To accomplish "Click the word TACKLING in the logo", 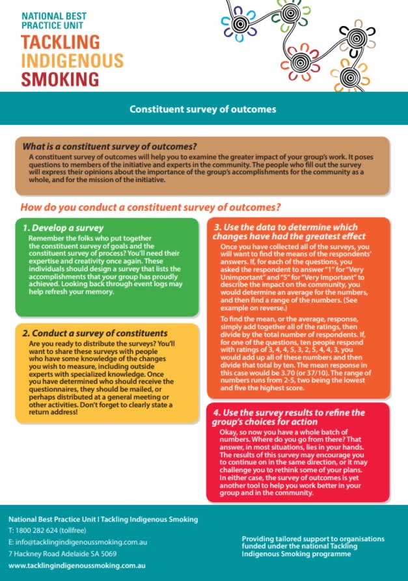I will coord(61,43).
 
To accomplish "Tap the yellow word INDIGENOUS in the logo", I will coord(72,61).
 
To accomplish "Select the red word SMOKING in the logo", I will coord(60,79).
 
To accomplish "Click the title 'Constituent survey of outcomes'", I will coord(202,109).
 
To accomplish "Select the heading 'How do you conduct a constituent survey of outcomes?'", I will coord(150,208).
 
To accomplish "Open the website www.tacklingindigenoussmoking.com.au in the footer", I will coord(75,565).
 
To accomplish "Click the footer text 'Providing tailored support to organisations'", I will coord(312,539).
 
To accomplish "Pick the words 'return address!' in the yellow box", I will coord(49,412).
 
